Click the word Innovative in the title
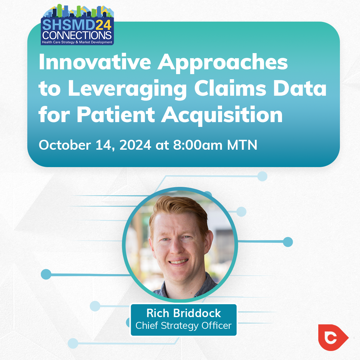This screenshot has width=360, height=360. [x=95, y=62]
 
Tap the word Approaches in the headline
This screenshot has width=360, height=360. [x=223, y=64]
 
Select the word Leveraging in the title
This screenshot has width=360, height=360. [x=127, y=90]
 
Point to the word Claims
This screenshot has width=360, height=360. [x=230, y=88]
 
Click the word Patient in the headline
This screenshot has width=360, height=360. [x=116, y=114]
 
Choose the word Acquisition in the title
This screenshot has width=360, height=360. [x=222, y=116]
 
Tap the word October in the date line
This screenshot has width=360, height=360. [x=65, y=145]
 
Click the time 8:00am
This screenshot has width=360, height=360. [x=198, y=145]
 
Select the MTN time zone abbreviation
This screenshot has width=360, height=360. [x=242, y=145]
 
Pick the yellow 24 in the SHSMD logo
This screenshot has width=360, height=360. [x=103, y=25]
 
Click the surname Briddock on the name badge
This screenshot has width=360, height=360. [x=197, y=313]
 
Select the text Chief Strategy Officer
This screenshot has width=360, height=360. [x=184, y=325]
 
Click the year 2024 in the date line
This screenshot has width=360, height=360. [x=135, y=145]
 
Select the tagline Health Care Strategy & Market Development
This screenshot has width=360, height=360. [x=77, y=42]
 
